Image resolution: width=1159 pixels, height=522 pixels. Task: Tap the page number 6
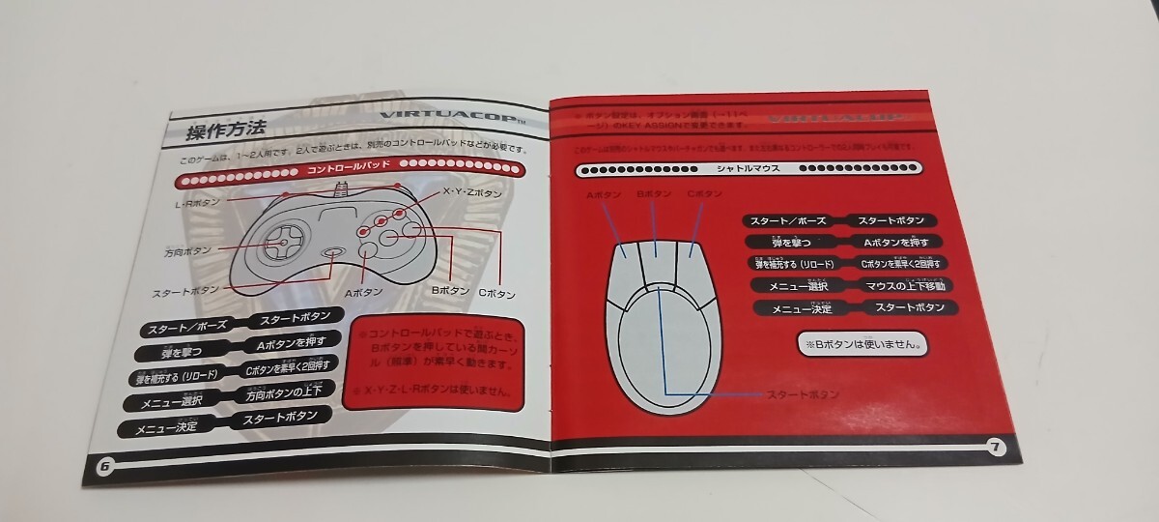(105, 466)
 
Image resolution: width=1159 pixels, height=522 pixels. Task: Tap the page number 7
(996, 446)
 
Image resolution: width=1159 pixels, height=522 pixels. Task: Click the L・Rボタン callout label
(197, 203)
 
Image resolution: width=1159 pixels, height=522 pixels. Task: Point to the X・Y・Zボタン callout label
(473, 192)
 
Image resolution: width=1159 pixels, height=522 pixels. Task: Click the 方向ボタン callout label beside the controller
(187, 252)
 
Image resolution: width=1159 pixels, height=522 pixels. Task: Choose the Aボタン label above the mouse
(600, 195)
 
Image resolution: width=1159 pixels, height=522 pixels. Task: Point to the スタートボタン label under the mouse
(803, 394)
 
